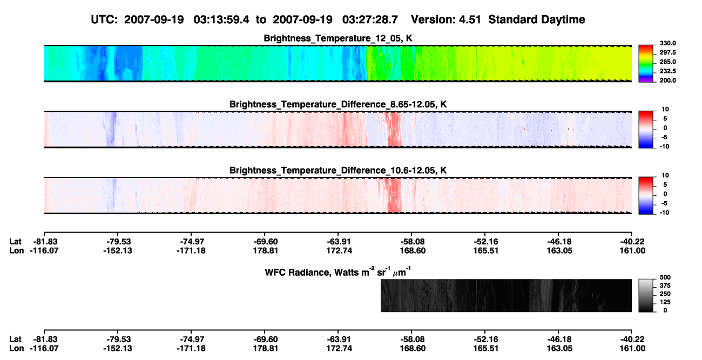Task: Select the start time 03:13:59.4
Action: [221, 20]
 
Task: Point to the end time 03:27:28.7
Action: [370, 20]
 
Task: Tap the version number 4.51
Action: [470, 20]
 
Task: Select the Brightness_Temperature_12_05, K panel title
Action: [338, 38]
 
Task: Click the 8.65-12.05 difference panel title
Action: [338, 104]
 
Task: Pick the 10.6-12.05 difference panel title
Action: [338, 171]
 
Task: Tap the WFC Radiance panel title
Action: [338, 271]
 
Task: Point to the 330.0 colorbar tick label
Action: [667, 43]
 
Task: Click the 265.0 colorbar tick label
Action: [667, 62]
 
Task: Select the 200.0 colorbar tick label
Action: [667, 80]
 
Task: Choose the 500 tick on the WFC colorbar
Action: [665, 277]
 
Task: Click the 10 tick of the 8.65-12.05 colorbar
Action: [665, 110]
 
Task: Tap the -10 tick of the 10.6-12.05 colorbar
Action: [664, 213]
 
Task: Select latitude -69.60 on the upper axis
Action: [265, 242]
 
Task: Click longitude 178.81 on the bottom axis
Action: [266, 348]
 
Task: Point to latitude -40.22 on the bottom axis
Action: [632, 339]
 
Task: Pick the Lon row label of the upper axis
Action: [16, 250]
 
